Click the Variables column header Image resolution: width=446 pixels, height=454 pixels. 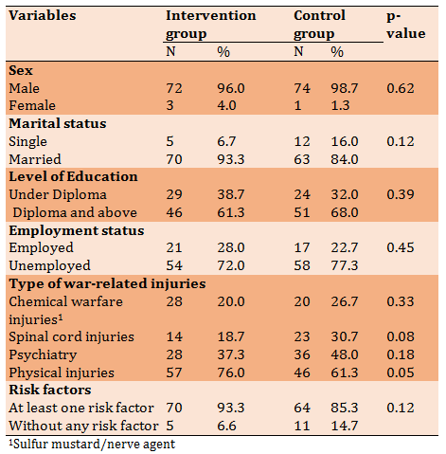(43, 15)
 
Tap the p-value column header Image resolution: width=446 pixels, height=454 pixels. (406, 25)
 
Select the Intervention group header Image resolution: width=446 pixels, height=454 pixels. (211, 25)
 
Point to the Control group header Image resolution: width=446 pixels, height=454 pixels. (319, 25)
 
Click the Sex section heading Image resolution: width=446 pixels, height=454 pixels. (21, 70)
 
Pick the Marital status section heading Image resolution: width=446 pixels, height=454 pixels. (58, 123)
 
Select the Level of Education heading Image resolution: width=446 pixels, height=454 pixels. (73, 176)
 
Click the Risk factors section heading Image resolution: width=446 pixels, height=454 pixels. (50, 390)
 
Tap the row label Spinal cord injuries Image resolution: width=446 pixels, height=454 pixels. (71, 336)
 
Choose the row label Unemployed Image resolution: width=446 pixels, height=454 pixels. (49, 265)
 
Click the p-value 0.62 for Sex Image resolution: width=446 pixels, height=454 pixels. (401, 88)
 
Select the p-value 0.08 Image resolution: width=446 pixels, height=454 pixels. (401, 336)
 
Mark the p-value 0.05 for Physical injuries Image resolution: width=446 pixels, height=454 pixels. (401, 372)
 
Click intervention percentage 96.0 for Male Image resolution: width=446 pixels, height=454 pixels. (231, 88)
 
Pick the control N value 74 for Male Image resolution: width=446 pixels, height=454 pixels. (302, 88)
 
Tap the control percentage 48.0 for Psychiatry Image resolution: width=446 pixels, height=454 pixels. (345, 354)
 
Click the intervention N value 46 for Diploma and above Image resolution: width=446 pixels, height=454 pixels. (174, 212)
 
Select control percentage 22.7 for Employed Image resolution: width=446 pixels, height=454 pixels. (345, 247)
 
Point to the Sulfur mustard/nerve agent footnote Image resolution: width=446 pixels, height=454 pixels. (92, 445)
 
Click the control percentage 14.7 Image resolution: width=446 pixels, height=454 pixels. (345, 426)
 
